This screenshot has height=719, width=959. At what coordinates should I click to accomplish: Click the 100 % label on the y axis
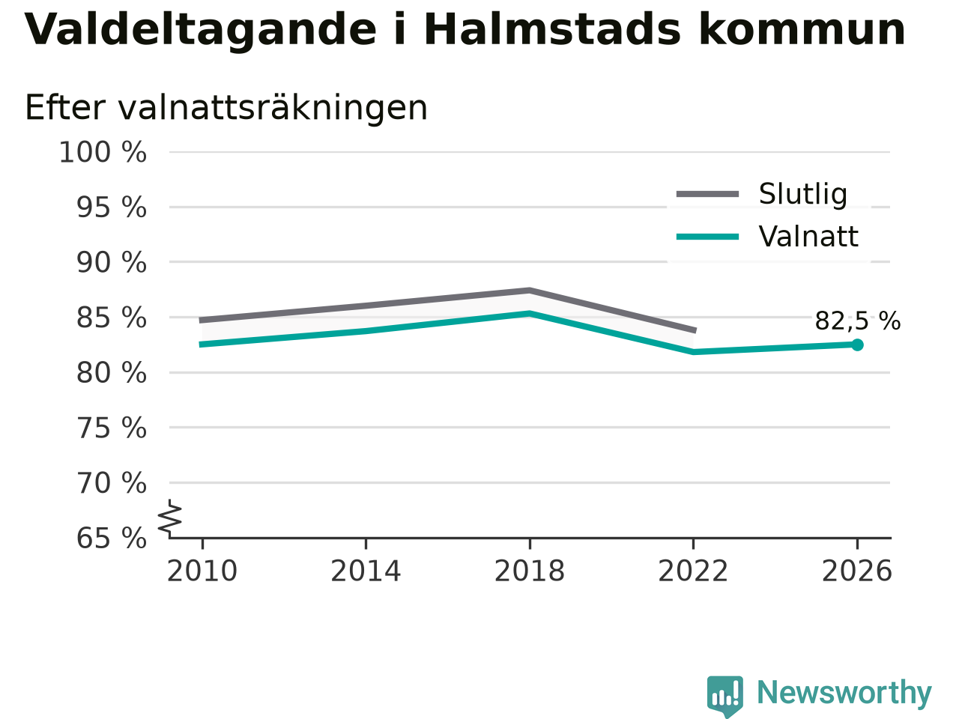[103, 152]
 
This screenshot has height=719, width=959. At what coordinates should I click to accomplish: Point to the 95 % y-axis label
[112, 207]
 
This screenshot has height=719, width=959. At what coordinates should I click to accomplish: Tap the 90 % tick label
[112, 262]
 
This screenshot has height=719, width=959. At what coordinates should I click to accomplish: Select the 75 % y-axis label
[112, 428]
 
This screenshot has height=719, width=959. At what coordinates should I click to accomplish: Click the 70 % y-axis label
[112, 483]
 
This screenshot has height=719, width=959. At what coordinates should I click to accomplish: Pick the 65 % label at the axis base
[112, 538]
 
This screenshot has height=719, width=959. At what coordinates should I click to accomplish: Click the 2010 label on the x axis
[202, 571]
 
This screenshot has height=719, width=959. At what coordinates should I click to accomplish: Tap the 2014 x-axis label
[366, 571]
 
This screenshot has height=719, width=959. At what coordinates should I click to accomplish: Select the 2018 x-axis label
[530, 571]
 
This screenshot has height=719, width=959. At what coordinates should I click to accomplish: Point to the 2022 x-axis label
[693, 571]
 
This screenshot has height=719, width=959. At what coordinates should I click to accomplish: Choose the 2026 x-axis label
[857, 571]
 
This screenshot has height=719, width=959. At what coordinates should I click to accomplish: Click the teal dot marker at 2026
[857, 345]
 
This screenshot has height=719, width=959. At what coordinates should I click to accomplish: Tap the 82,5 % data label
[858, 321]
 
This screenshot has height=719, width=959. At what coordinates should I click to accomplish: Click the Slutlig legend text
[803, 194]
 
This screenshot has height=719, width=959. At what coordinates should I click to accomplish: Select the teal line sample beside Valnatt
[707, 237]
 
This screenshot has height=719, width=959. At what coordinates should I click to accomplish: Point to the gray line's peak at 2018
[530, 291]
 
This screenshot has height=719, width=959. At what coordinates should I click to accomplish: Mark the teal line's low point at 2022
[694, 351]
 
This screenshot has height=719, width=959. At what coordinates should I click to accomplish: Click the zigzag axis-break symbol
[169, 518]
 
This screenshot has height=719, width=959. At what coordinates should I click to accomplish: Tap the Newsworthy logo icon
[724, 695]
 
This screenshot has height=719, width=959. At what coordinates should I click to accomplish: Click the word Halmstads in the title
[552, 30]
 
